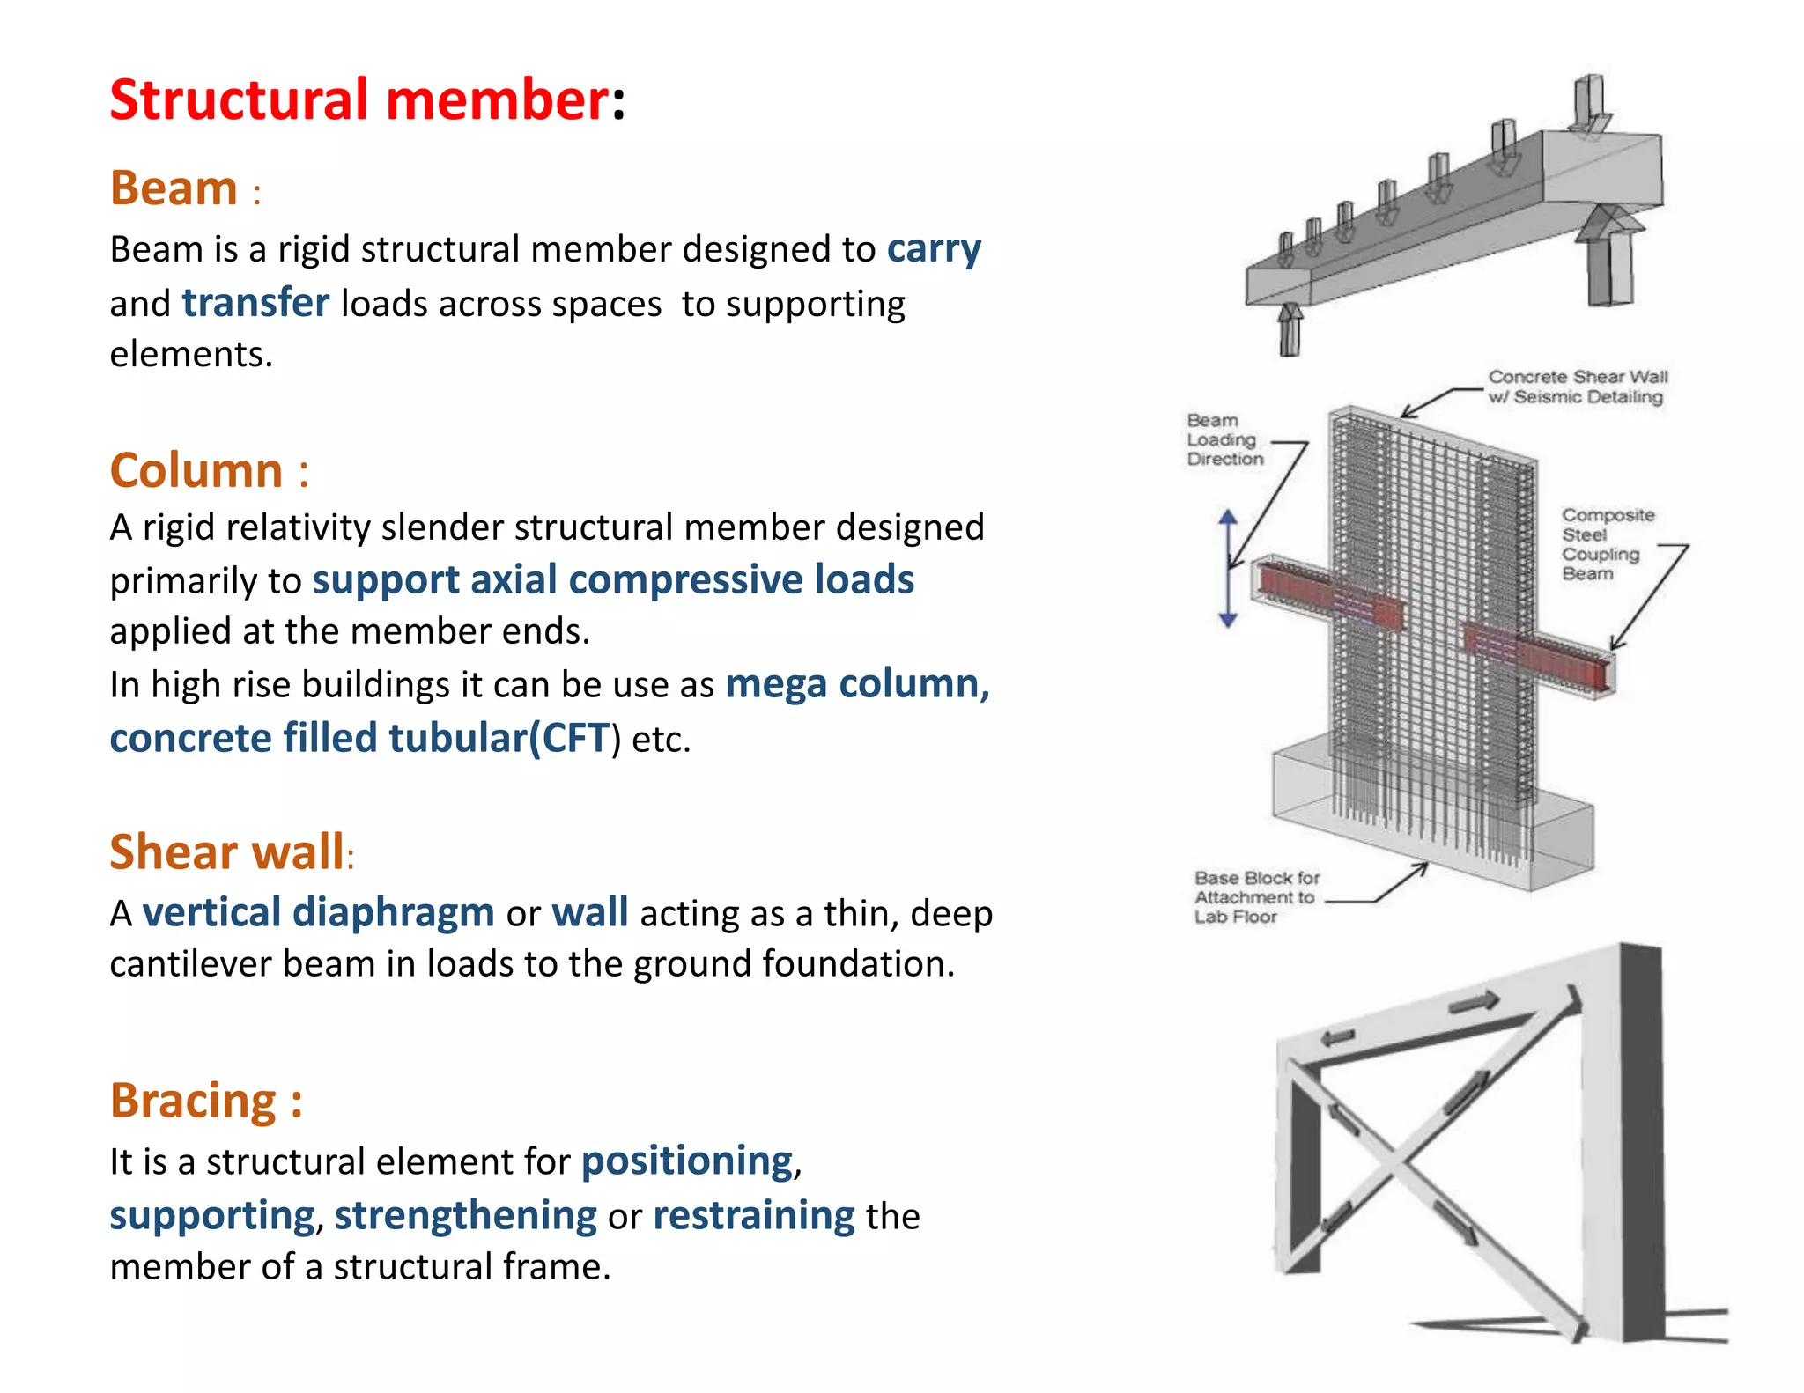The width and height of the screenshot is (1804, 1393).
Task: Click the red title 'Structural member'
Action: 359,99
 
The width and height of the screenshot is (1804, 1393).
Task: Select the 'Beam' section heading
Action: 174,188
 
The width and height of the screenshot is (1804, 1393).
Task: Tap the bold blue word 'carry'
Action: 934,249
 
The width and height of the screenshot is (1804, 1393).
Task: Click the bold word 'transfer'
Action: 255,303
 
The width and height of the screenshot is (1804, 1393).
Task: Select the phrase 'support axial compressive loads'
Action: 613,580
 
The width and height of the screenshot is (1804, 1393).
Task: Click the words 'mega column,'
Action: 857,684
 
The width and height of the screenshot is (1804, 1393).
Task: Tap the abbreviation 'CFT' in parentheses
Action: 576,738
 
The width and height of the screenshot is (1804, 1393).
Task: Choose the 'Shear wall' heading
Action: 226,852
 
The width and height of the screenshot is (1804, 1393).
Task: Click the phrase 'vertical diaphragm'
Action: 318,912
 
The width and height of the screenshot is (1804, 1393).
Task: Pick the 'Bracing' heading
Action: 194,1101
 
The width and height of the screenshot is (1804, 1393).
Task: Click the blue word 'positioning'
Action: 687,1161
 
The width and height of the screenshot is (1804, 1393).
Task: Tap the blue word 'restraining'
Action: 753,1216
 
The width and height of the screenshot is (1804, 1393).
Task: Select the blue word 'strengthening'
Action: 465,1216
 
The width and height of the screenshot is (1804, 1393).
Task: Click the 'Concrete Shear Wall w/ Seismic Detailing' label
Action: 1577,387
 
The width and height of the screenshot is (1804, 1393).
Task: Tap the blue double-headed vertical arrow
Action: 1228,569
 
